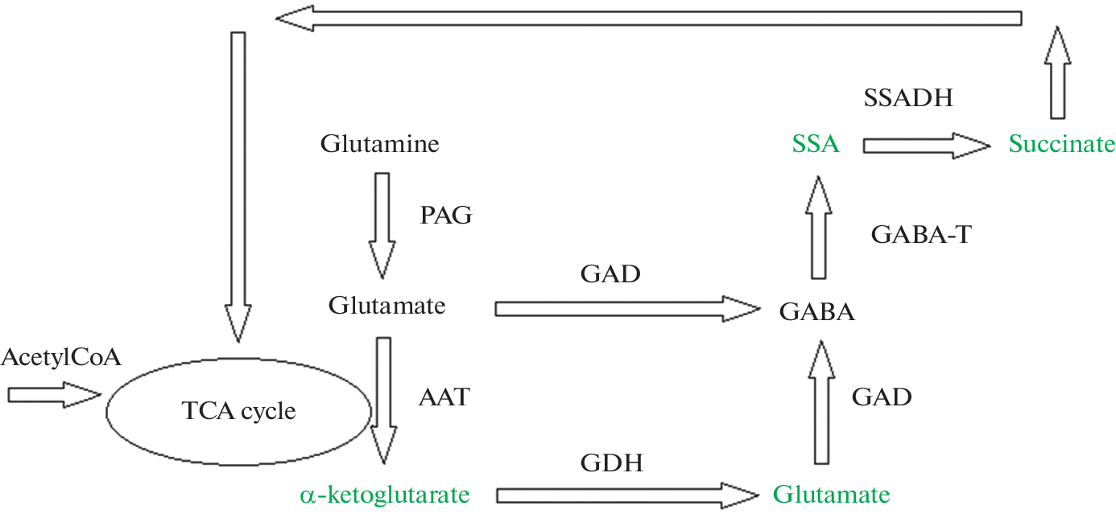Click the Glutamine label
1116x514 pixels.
(379, 145)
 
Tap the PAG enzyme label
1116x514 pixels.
(445, 215)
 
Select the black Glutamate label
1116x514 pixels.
(386, 306)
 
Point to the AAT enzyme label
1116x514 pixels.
(444, 397)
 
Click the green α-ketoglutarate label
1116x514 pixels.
(384, 493)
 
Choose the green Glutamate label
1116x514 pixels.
(831, 493)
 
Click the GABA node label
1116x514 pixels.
(816, 312)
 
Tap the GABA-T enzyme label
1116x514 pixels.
(921, 234)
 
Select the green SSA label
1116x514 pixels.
(815, 145)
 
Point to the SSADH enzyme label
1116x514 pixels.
(908, 99)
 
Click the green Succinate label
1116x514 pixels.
(1061, 145)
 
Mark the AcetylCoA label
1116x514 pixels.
(61, 357)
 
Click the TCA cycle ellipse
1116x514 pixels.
(238, 412)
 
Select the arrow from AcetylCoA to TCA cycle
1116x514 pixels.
(53, 394)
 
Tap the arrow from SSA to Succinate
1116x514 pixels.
(926, 146)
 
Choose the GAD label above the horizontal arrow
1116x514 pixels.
(610, 274)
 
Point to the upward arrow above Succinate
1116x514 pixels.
(1058, 72)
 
